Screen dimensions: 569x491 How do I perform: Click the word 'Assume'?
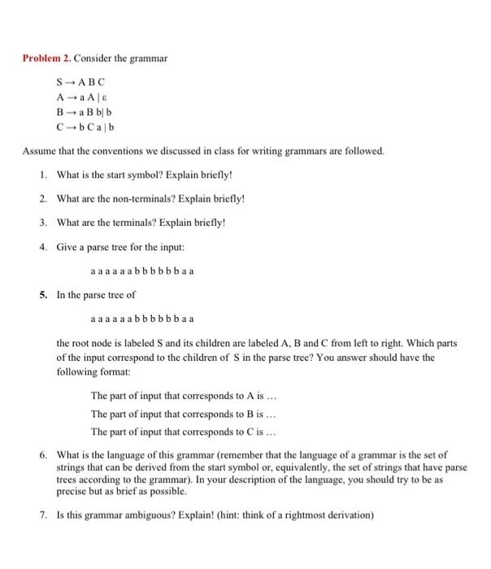pos(37,151)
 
